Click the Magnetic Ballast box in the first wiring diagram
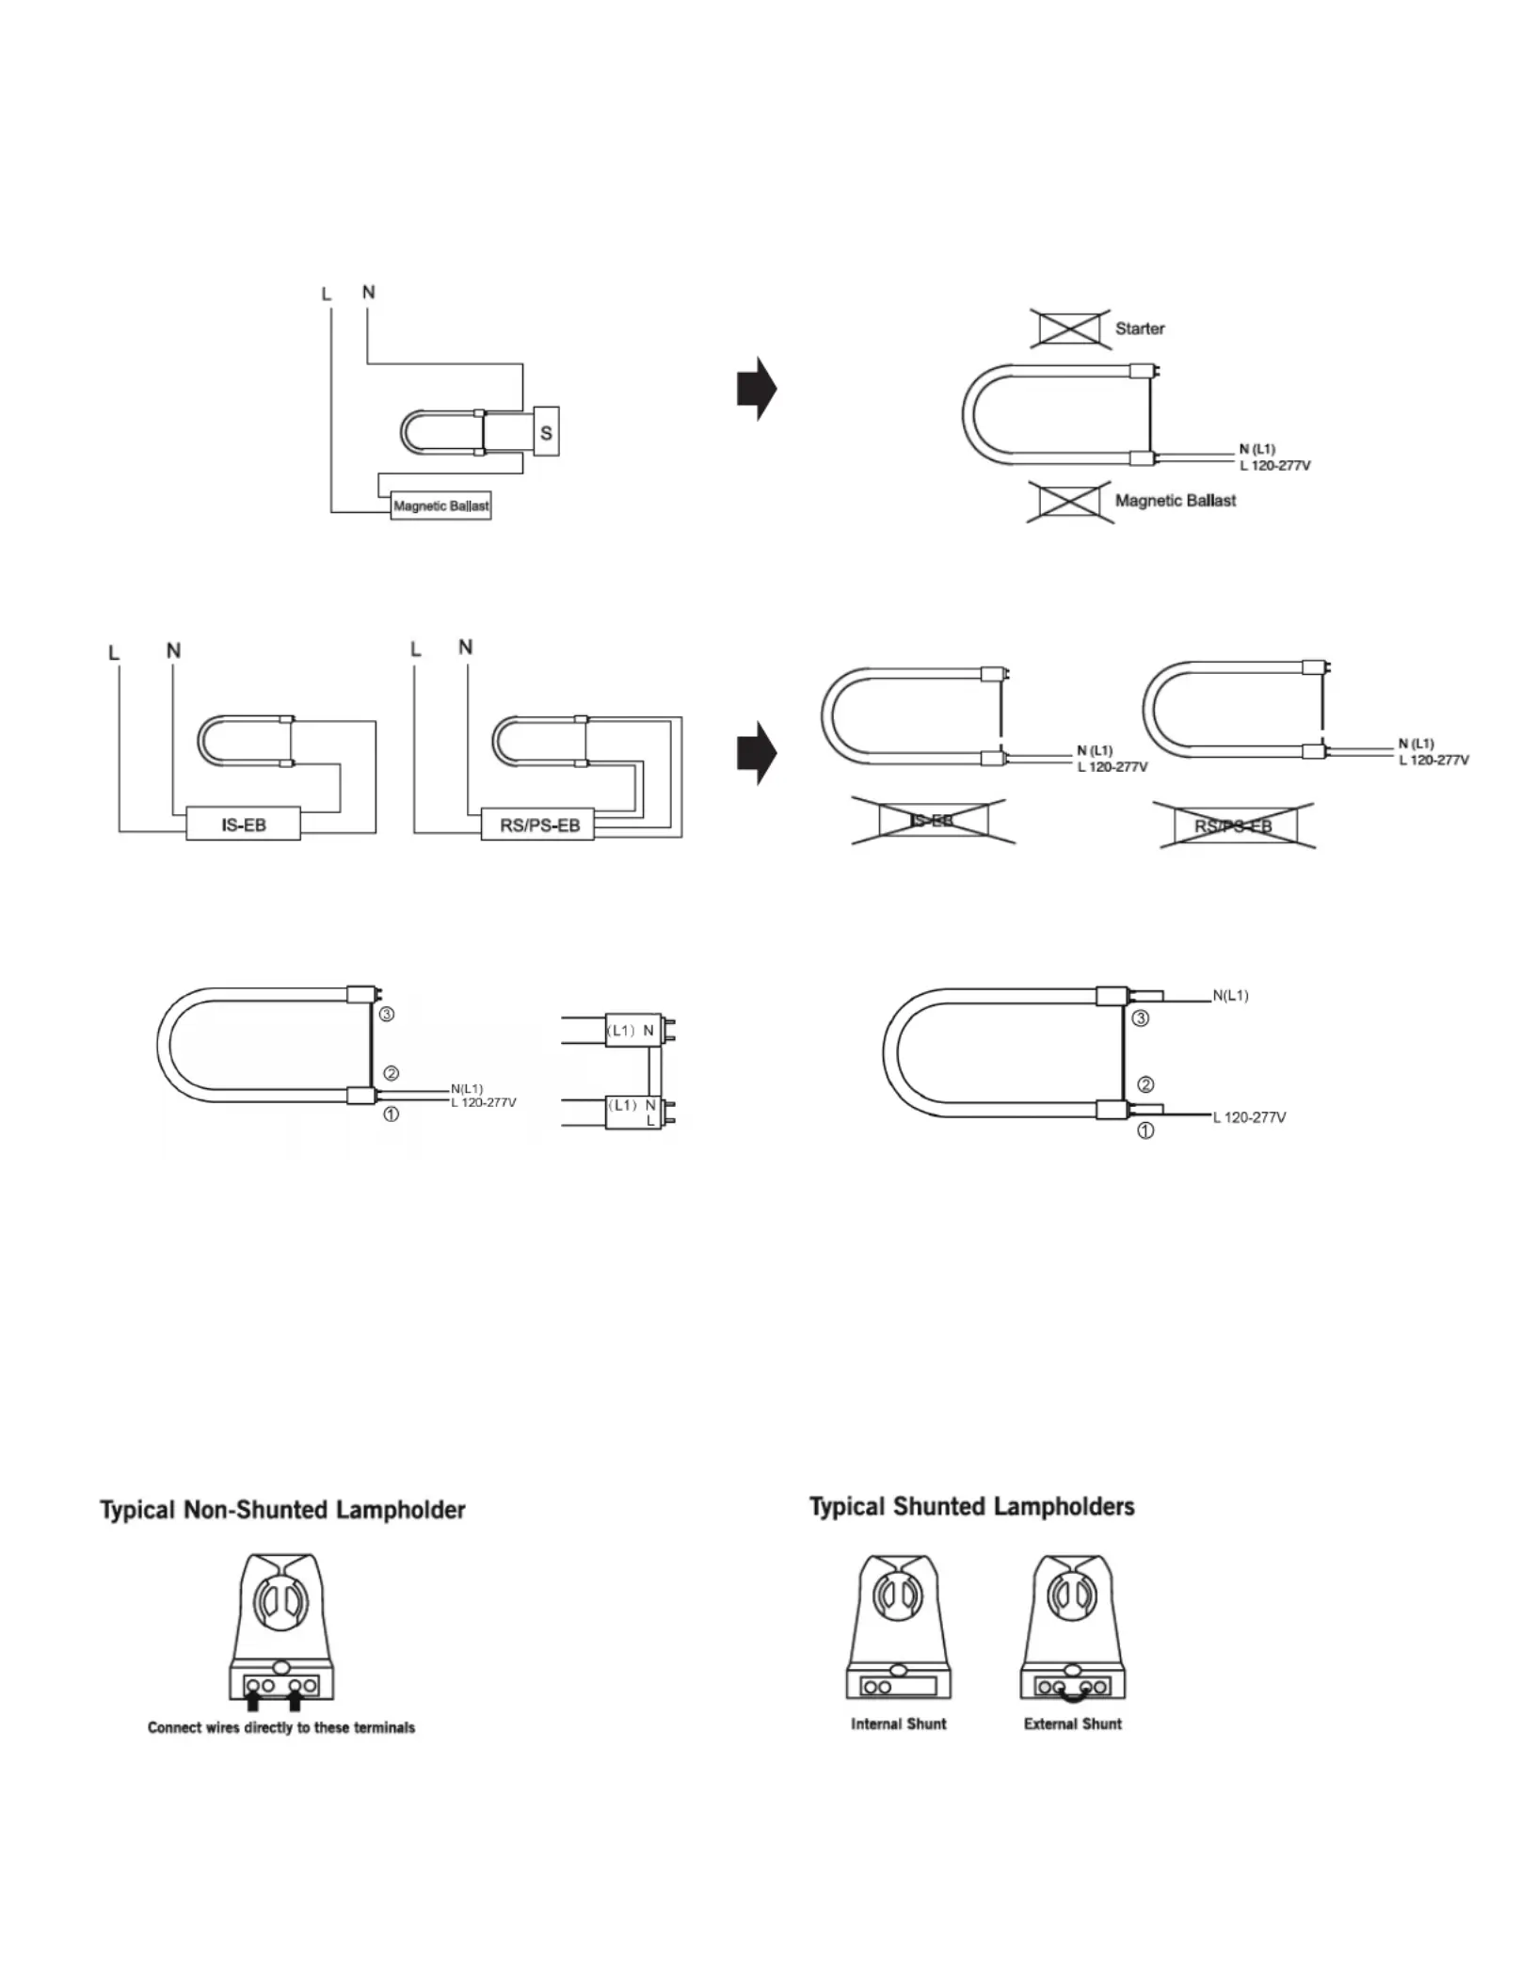coord(440,505)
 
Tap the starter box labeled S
coord(546,431)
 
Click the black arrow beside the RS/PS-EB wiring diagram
coord(757,753)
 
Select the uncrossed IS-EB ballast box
coord(244,824)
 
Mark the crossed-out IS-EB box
coord(934,821)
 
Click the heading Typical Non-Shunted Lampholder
coord(283,1511)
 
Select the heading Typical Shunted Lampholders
coord(972,1507)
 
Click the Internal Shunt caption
coord(899,1723)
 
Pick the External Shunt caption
coord(1073,1723)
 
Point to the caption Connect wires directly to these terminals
coord(281,1727)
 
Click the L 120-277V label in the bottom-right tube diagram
coord(1250,1117)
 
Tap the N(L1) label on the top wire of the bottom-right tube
coord(1230,995)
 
